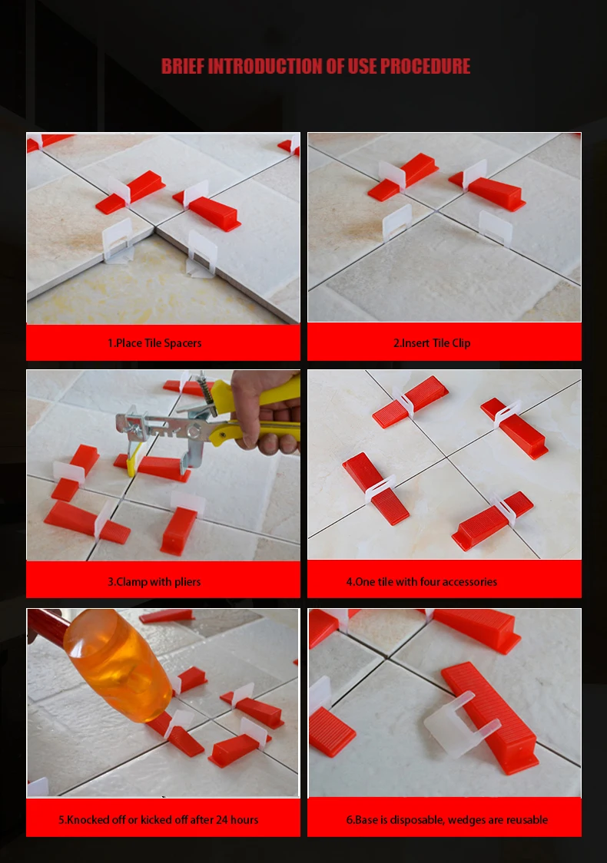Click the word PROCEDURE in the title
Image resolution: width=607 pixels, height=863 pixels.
[x=425, y=66]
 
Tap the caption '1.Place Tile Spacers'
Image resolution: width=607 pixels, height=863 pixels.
[x=154, y=343]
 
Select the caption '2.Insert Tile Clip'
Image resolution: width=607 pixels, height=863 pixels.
[x=432, y=343]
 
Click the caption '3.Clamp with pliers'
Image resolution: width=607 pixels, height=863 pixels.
[x=154, y=582]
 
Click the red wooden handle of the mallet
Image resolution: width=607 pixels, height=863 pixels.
[x=48, y=624]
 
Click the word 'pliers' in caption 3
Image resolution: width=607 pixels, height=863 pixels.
[x=187, y=582]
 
